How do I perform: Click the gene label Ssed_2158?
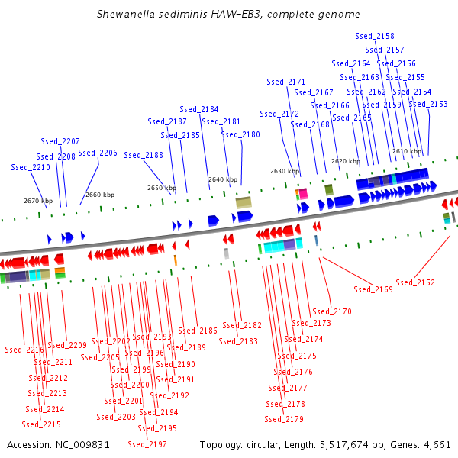[375, 36]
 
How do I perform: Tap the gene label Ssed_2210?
[31, 167]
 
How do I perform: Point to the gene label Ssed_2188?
[144, 155]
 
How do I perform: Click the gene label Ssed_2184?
[199, 109]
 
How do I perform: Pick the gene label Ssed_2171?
[286, 82]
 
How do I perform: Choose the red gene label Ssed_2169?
[373, 289]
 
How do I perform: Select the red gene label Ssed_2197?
[147, 444]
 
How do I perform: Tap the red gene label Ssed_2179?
[284, 419]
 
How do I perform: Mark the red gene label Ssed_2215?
[41, 424]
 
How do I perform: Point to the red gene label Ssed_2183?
[238, 341]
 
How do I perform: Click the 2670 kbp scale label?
[38, 201]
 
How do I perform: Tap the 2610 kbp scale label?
[407, 151]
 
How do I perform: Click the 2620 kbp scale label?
[345, 161]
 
